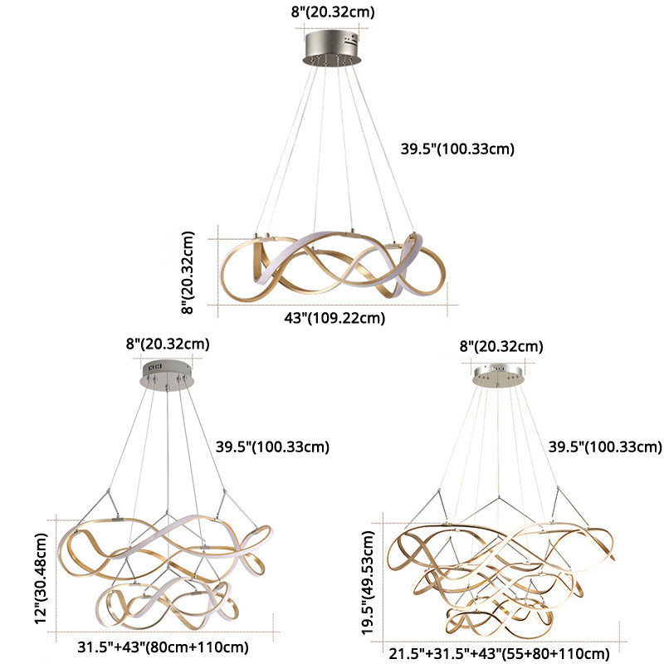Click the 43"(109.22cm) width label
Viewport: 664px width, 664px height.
pyautogui.click(x=334, y=317)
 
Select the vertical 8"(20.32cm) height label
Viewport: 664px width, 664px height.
pyautogui.click(x=189, y=271)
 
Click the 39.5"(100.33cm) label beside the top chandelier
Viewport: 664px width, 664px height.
pyautogui.click(x=458, y=149)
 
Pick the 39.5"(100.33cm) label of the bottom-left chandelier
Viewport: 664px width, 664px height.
pyautogui.click(x=272, y=447)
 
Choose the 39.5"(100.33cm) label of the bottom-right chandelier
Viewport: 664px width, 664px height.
pyautogui.click(x=605, y=447)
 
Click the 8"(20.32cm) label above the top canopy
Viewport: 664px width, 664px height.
pyautogui.click(x=332, y=11)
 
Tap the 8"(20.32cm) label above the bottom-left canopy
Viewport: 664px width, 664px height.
pyautogui.click(x=168, y=343)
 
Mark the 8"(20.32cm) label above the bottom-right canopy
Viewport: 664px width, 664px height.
pyautogui.click(x=501, y=346)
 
